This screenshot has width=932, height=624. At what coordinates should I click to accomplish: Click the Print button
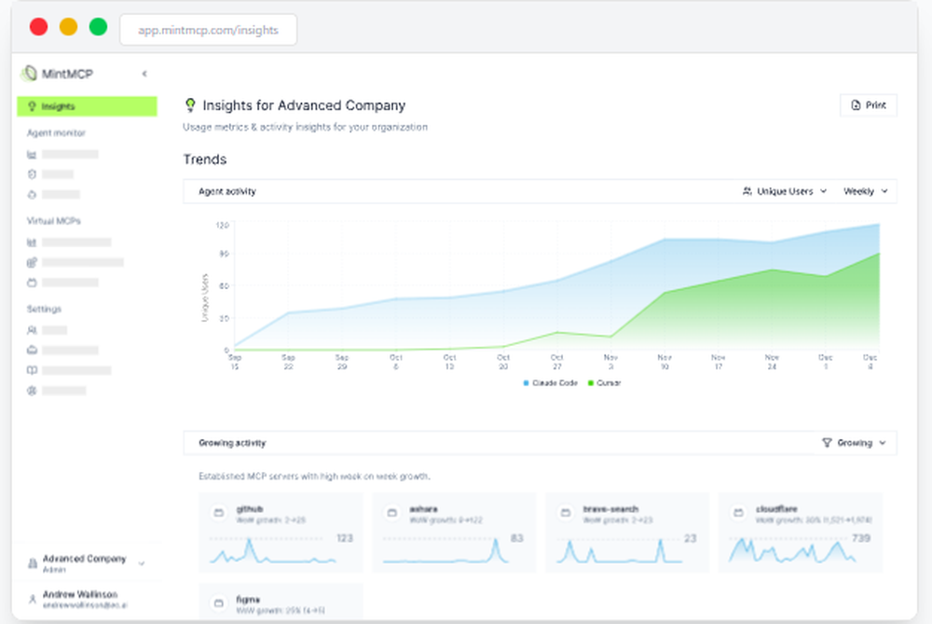869,105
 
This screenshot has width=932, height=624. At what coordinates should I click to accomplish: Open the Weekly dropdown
865,191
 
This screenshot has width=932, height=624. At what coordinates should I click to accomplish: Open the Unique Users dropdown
784,191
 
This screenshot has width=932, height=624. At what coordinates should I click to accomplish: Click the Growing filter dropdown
854,443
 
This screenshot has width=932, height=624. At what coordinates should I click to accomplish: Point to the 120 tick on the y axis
222,225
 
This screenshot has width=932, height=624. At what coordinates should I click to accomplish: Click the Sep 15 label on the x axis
234,362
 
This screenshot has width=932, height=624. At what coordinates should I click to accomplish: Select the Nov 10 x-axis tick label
665,362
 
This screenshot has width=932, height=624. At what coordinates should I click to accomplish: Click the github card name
249,509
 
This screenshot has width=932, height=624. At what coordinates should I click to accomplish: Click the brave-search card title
610,509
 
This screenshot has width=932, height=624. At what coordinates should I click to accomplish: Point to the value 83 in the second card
518,538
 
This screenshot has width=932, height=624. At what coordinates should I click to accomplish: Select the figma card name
247,600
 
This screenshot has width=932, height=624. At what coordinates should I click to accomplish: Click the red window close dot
38,27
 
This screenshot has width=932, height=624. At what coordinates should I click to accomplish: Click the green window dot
98,27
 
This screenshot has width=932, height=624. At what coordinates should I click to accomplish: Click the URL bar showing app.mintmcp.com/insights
208,30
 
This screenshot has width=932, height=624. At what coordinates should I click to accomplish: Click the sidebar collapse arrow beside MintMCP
144,74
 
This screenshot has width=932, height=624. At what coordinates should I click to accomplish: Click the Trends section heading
205,159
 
